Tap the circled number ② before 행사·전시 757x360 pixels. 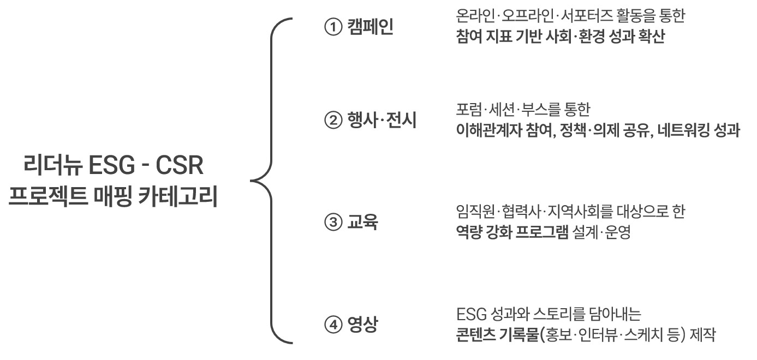click(x=332, y=121)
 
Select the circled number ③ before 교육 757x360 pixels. click(x=332, y=224)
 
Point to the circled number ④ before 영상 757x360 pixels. click(x=332, y=326)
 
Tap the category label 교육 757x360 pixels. click(x=362, y=224)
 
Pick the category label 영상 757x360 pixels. click(x=362, y=326)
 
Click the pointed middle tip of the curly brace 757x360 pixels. click(x=252, y=179)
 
